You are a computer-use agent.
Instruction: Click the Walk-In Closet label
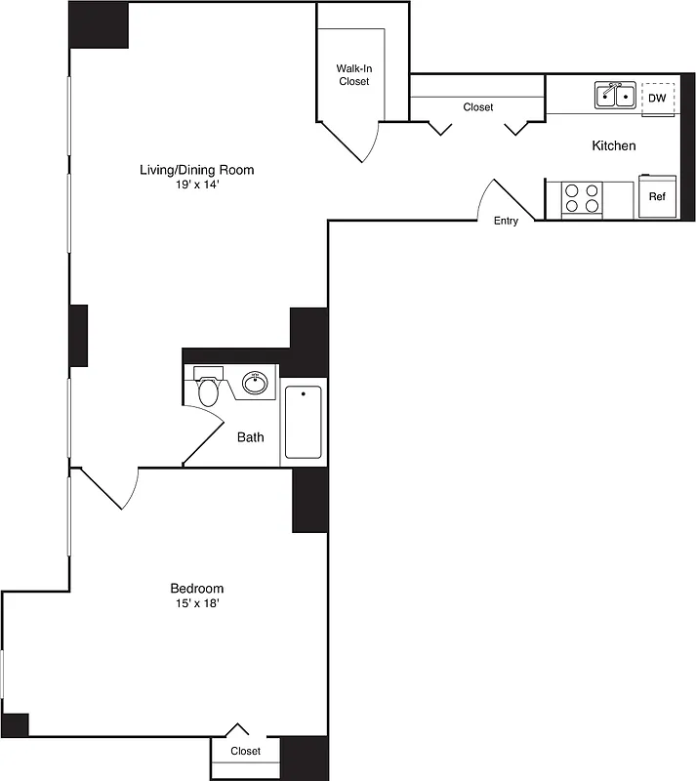353,75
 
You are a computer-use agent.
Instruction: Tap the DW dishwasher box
657,98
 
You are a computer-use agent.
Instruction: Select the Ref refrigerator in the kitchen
657,196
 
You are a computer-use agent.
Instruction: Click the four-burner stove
582,199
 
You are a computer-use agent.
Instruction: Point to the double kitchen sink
615,96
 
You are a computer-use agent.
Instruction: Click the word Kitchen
614,145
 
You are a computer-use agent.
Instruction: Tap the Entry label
506,221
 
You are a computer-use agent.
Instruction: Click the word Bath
251,437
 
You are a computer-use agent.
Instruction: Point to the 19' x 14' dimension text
196,185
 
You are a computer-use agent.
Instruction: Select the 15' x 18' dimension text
196,604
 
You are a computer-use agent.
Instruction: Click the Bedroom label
196,589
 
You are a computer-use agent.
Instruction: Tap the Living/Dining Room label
196,170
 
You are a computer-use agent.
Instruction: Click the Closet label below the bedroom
245,751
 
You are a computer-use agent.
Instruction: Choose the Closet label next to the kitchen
477,107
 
